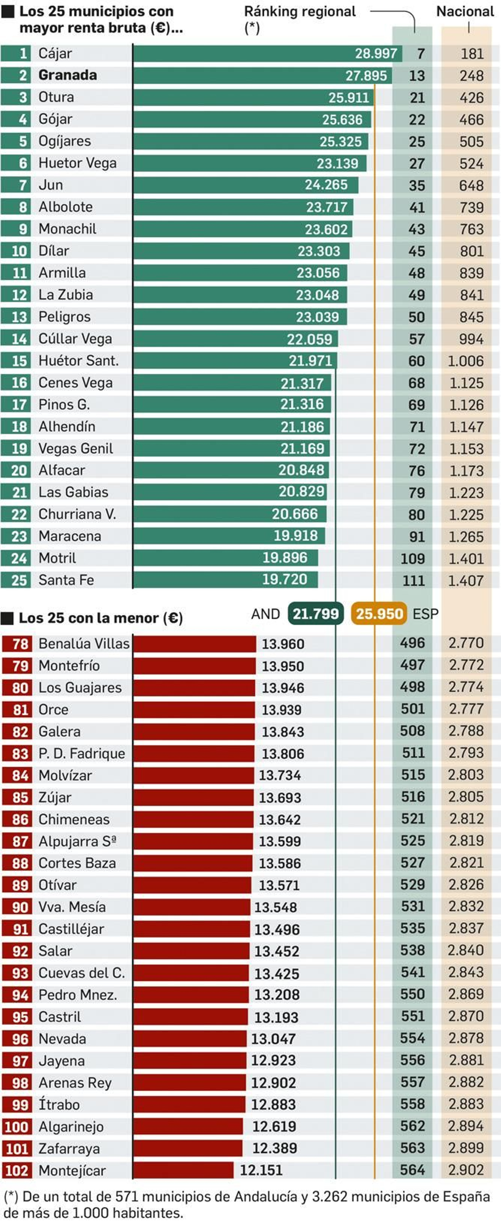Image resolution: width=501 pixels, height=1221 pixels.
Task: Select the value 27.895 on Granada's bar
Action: click(366, 75)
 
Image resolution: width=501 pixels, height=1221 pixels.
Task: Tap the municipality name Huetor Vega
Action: click(77, 163)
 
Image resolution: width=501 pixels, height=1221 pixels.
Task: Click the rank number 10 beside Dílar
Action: click(19, 251)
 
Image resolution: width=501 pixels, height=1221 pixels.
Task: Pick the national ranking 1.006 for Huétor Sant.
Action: click(466, 361)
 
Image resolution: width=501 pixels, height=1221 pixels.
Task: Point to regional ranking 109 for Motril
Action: click(412, 559)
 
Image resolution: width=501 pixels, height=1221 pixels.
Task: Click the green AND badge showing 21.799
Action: click(315, 614)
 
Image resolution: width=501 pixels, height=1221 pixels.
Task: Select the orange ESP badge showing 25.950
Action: click(379, 614)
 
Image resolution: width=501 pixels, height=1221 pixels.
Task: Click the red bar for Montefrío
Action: click(194, 666)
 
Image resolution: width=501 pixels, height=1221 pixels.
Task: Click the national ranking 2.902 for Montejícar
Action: click(466, 1170)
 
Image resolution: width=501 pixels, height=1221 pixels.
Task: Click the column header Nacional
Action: click(464, 11)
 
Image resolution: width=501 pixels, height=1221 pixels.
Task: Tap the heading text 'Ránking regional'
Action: click(300, 11)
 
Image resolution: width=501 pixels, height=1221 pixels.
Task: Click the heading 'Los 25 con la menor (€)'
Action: click(101, 618)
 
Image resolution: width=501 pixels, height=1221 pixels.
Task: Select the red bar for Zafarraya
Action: click(188, 1148)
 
